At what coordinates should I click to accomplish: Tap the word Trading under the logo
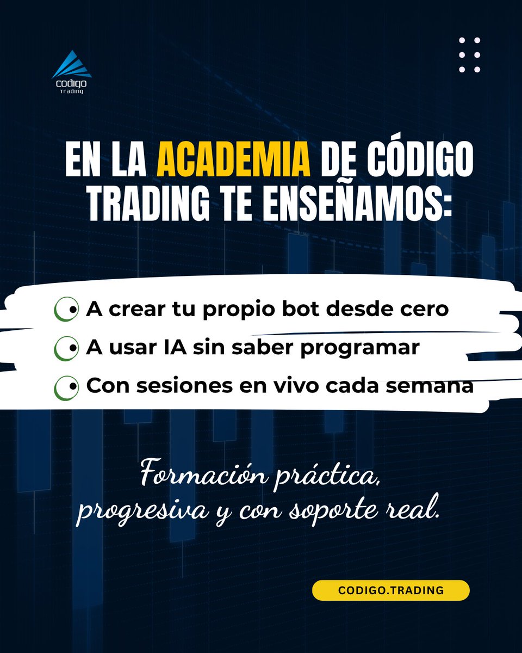(72, 91)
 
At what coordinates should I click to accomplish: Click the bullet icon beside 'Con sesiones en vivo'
(66, 387)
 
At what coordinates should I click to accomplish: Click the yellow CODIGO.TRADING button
(390, 590)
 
